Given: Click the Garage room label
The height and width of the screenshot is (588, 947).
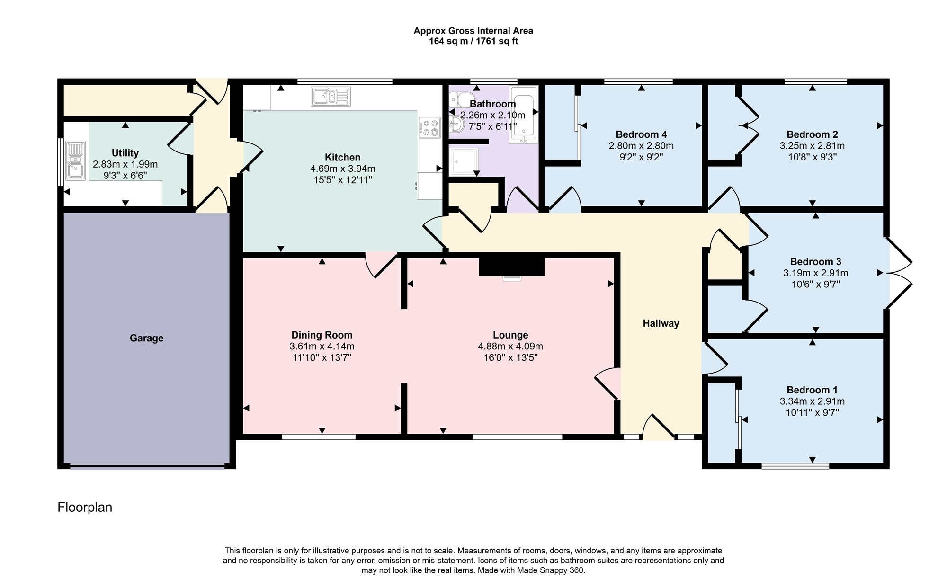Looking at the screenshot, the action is tap(147, 338).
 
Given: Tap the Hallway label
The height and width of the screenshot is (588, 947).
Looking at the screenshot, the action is tap(661, 323).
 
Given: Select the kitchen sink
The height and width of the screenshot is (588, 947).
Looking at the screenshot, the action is tap(331, 97).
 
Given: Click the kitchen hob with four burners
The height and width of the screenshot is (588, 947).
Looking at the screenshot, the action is tap(429, 127).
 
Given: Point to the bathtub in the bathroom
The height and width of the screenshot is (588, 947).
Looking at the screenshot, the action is tap(524, 114).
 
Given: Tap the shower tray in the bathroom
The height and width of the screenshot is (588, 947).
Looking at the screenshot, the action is tap(463, 161).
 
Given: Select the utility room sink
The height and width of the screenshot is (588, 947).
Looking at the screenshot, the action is tap(76, 160).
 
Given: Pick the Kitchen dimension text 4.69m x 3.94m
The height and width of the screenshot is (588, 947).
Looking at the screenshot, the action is tap(343, 169).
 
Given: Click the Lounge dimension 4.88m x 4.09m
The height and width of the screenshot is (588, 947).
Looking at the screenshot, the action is tap(510, 346).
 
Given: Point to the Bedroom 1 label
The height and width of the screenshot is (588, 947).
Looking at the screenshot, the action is tap(812, 390).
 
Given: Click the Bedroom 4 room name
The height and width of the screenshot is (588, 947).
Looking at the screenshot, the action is tap(641, 134).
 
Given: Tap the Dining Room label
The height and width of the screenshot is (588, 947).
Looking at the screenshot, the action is tap(322, 335).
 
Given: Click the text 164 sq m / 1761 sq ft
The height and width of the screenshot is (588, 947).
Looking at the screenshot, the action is tap(473, 41).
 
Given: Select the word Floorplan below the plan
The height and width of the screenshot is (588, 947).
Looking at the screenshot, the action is tap(85, 508).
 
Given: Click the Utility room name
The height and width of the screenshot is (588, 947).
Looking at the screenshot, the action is tap(125, 153).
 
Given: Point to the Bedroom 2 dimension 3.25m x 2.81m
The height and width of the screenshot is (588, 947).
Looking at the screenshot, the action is tap(812, 146).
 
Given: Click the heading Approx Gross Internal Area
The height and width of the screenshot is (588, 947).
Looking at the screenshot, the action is tap(473, 31).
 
